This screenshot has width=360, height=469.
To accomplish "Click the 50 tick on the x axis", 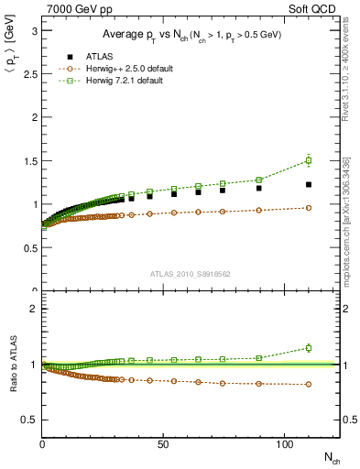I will tap(162, 443).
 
